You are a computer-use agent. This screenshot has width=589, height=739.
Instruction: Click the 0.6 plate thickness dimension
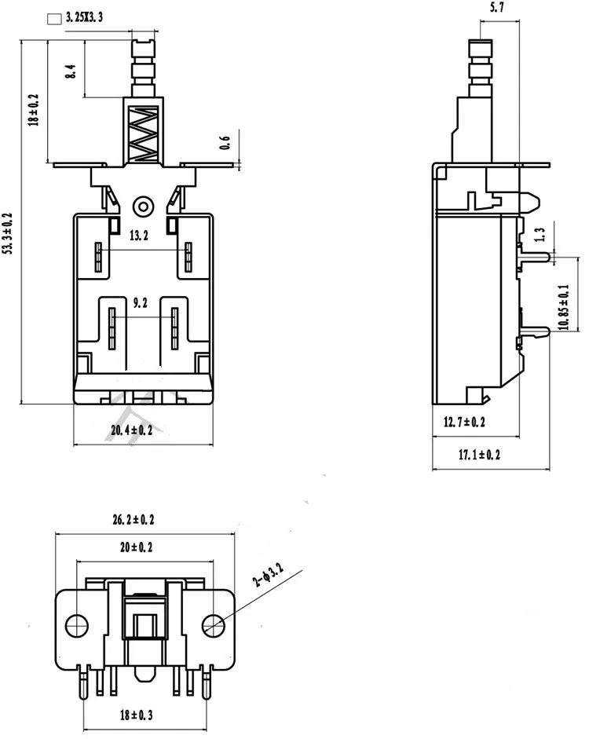point(225,143)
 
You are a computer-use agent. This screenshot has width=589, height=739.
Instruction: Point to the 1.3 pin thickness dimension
point(539,233)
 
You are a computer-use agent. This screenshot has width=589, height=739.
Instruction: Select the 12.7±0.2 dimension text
point(464,423)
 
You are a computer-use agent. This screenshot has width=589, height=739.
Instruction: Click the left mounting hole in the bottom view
point(76,626)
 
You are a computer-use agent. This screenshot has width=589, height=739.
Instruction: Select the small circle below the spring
point(142,206)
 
